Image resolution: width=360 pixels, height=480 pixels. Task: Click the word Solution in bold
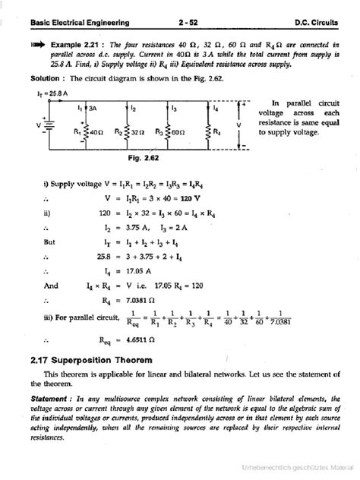[x=39, y=78]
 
